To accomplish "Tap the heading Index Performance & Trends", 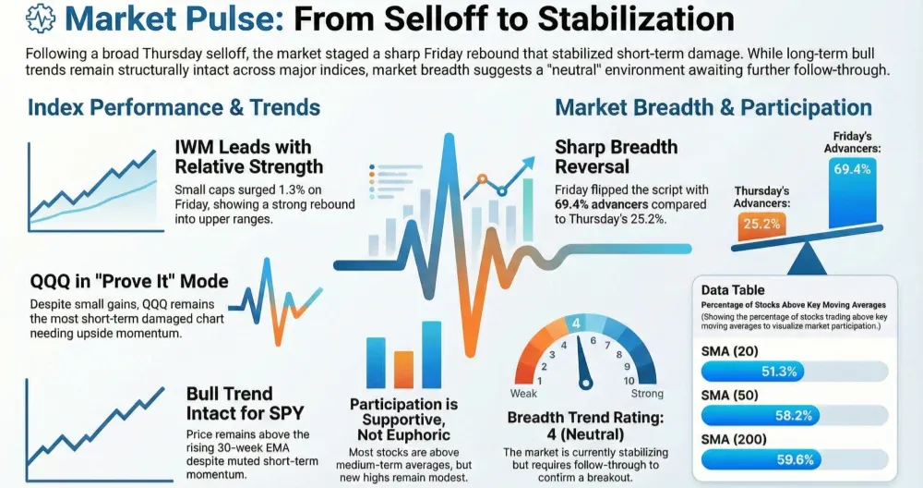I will point(174,107).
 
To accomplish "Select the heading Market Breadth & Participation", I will point(713,108).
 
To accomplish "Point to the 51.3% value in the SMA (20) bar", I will point(786,372).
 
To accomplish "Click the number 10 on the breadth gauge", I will point(629,380).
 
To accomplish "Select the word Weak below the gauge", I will point(522,394).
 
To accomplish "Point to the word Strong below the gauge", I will point(647,394).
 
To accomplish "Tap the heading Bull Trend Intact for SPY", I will point(245,402).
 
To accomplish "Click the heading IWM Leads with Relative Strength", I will point(248,156).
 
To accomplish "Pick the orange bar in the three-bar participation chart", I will point(403,370).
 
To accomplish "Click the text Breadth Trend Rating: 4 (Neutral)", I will point(586,426).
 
